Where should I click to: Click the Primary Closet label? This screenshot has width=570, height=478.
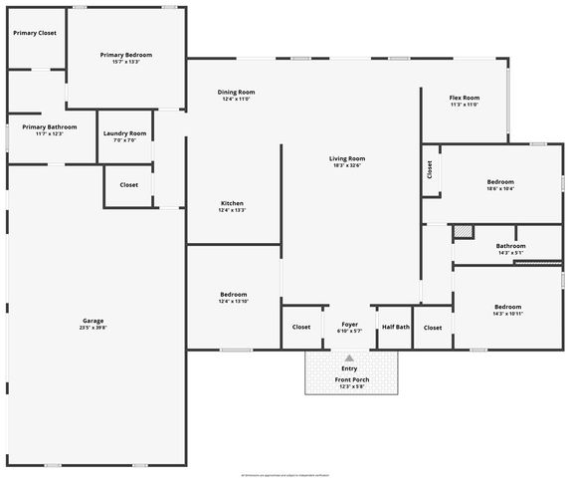point(34,33)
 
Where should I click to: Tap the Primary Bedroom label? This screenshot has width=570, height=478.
point(126,55)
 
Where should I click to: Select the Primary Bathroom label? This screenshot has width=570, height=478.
point(50,127)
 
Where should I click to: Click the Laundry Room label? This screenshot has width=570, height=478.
point(124,133)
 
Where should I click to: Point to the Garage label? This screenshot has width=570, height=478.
point(94,321)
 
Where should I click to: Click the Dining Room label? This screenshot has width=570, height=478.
point(237,93)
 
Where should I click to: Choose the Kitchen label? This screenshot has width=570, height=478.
point(232,203)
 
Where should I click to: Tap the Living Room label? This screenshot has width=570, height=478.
point(348,158)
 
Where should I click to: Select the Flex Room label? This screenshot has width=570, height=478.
point(465,98)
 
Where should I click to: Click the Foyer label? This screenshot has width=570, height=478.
point(349,325)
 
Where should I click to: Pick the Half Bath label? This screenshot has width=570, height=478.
point(395,327)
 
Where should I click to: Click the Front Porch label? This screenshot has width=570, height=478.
point(351,379)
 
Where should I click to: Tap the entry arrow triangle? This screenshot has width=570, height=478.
point(349,357)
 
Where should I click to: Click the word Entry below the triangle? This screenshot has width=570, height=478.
point(349,368)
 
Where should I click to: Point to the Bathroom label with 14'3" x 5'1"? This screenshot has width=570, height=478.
point(510,245)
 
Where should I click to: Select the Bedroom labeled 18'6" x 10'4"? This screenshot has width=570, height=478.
point(500,182)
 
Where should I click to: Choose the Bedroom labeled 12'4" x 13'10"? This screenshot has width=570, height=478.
point(233,295)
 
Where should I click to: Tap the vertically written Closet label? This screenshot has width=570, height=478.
point(430,170)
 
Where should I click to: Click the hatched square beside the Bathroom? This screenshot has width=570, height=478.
point(463,232)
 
